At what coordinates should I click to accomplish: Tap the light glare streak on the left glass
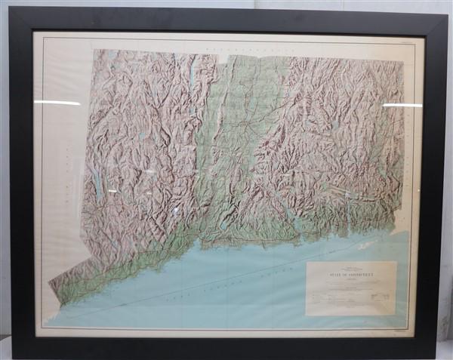pyautogui.click(x=57, y=102)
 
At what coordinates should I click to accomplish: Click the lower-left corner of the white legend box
pyautogui.click(x=307, y=314)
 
